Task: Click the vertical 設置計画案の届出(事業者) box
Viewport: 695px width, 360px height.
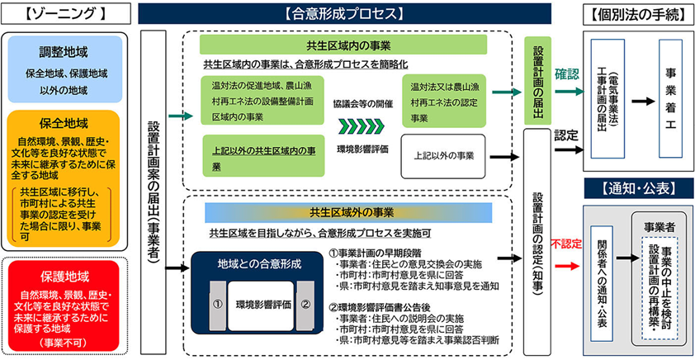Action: (154, 192)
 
